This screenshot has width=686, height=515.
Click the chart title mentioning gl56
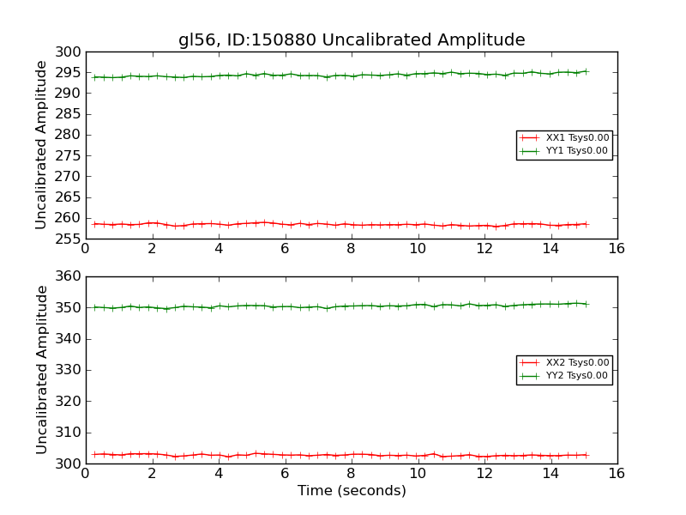coord(352,39)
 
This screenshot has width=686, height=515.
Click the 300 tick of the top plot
coord(69,52)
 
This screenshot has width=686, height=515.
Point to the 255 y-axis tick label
coord(69,239)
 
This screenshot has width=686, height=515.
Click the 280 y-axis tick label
coord(69,136)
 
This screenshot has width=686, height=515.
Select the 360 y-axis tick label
coord(69,276)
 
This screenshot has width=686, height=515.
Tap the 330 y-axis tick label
coord(69,370)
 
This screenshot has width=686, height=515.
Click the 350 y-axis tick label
coord(69,307)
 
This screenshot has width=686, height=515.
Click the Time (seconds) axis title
coord(352,491)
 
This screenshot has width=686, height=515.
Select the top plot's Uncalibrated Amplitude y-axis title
coord(41,145)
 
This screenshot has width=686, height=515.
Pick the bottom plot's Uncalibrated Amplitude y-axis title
coord(41,370)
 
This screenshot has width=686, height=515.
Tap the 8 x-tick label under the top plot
coord(351,249)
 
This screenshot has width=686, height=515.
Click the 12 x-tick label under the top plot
coord(484,249)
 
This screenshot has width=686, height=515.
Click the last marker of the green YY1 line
coord(586,71)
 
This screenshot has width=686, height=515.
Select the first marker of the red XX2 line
coord(94,454)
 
